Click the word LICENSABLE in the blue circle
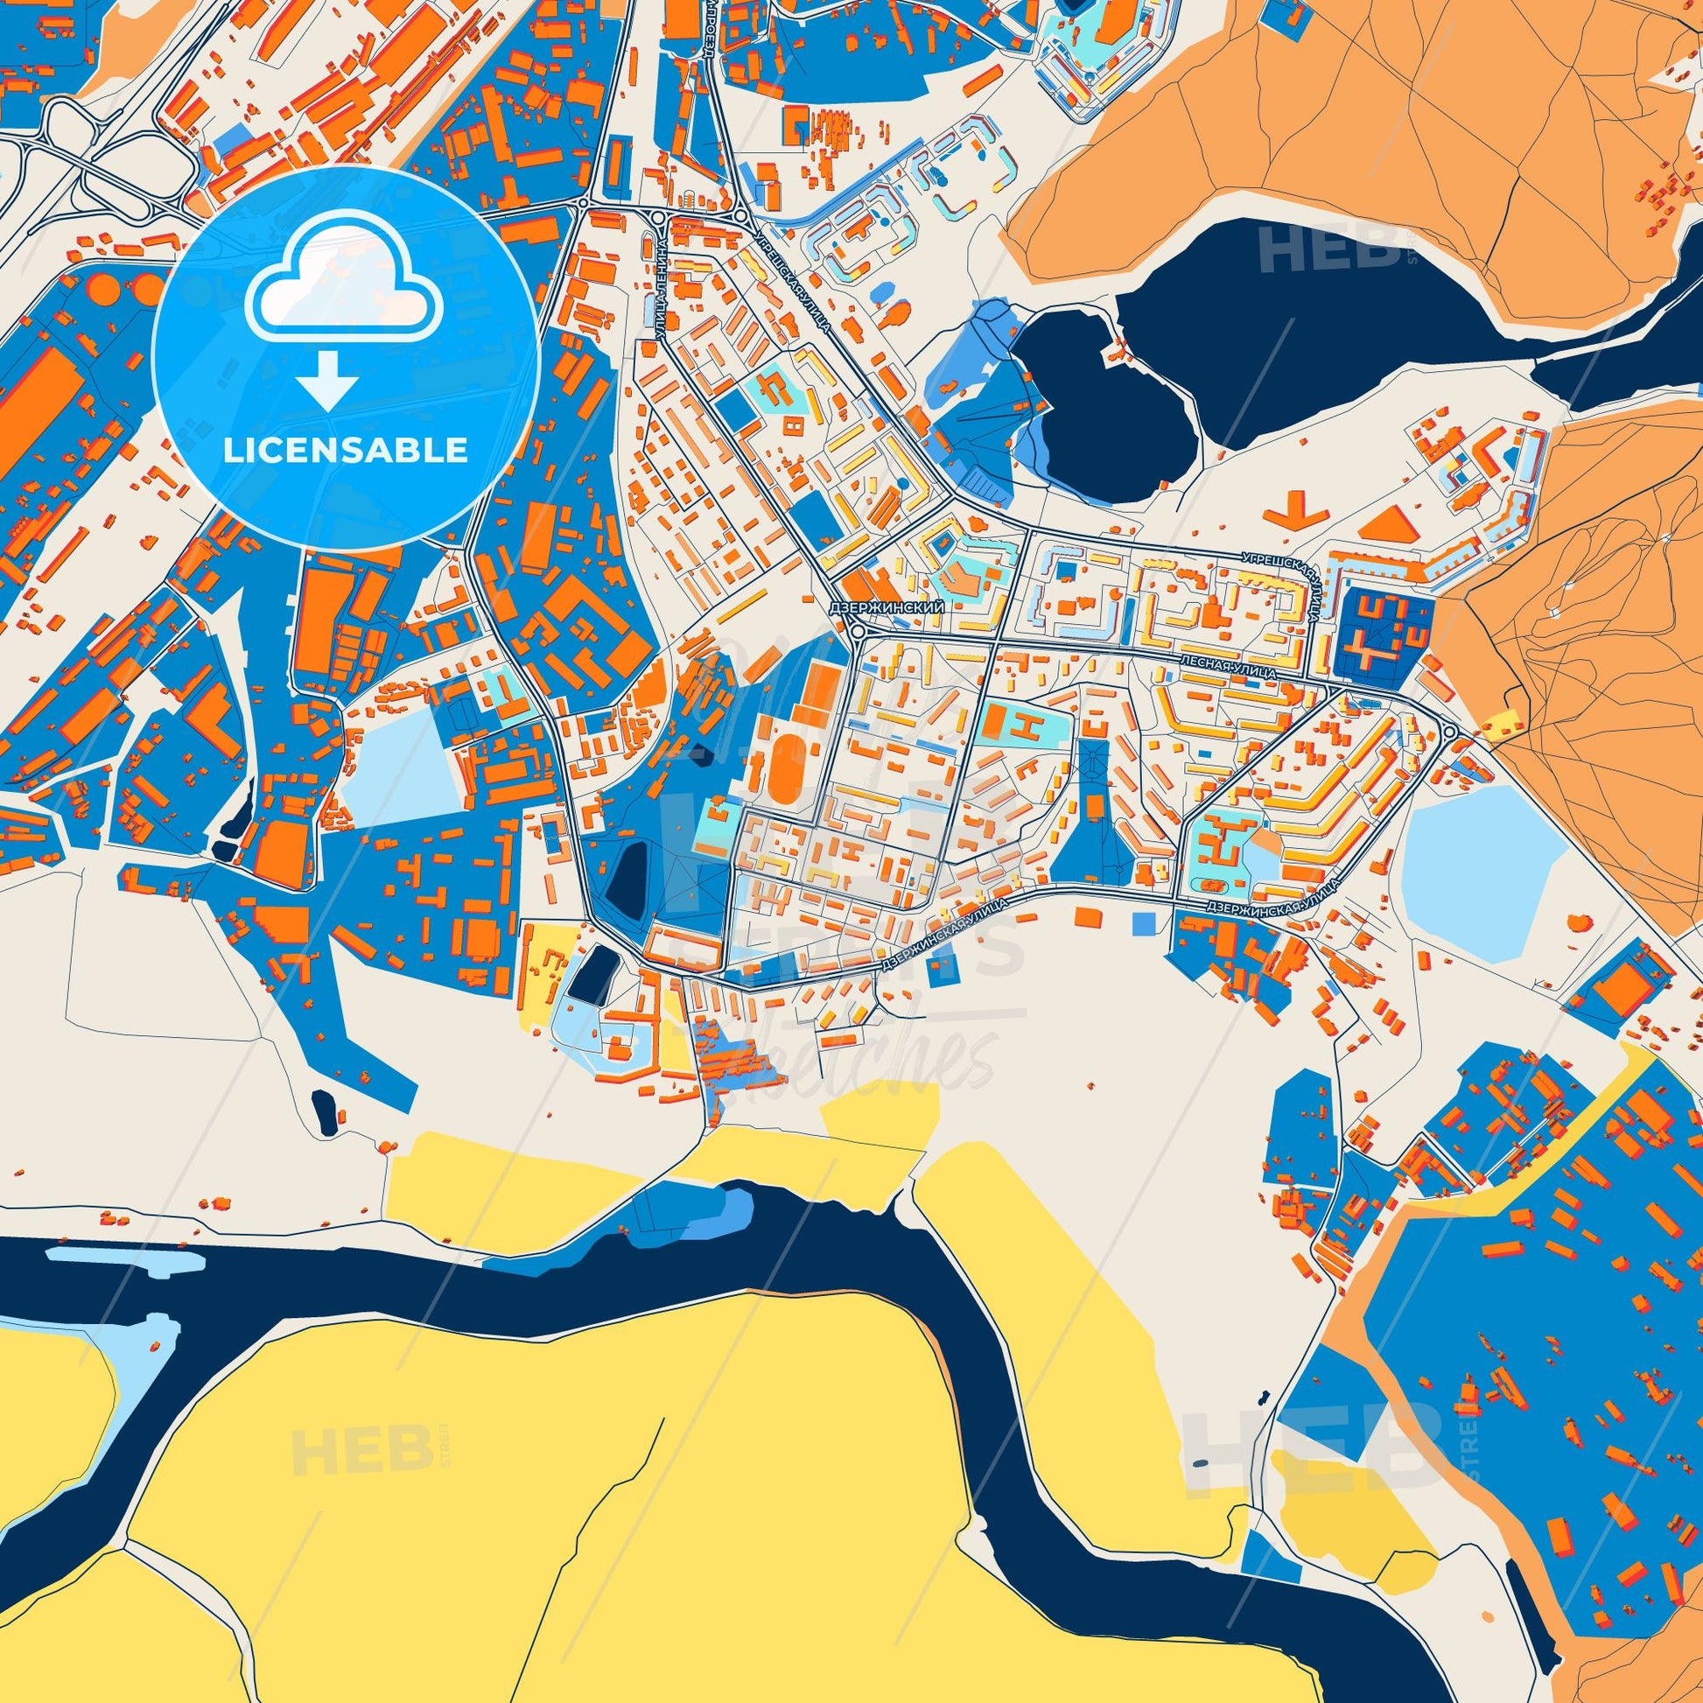345,451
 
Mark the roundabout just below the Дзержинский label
857,629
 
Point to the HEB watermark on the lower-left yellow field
353,1450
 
